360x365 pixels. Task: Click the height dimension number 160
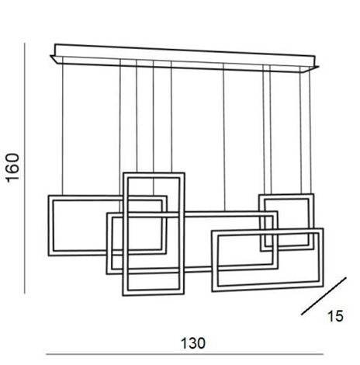tap(13, 168)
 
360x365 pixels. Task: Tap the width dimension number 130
tap(193, 343)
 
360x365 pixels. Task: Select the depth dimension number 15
tap(335, 316)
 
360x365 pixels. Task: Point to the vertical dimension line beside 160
tap(25, 169)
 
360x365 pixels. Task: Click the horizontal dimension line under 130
tap(185, 354)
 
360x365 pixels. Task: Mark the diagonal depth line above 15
tap(324, 296)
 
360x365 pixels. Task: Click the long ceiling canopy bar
tap(185, 58)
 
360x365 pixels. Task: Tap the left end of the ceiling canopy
tap(50, 56)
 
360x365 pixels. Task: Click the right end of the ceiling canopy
tap(319, 67)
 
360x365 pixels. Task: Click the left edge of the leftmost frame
tap(50, 225)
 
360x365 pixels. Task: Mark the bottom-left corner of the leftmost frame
tap(49, 255)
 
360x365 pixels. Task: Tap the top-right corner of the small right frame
tap(313, 194)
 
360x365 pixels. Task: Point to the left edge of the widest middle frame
tap(109, 244)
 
